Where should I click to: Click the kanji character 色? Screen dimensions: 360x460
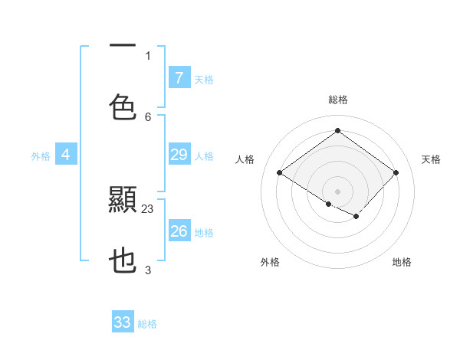(x=123, y=106)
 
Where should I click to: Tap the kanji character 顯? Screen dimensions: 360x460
(x=123, y=200)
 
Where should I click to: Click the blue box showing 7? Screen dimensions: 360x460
(x=179, y=77)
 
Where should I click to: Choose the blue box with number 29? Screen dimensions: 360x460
(x=179, y=155)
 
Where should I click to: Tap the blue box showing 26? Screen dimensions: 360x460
(x=179, y=231)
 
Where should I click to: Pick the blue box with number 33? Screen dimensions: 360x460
(x=123, y=322)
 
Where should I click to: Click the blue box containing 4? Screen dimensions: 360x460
(x=66, y=155)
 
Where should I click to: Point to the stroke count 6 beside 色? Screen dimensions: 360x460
(x=148, y=116)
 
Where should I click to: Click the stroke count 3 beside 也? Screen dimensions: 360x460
(x=148, y=270)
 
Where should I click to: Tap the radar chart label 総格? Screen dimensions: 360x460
(x=337, y=100)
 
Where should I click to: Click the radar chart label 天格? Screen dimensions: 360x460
(x=431, y=159)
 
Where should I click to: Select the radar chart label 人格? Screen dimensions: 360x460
(x=245, y=159)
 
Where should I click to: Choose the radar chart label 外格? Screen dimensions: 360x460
(x=270, y=262)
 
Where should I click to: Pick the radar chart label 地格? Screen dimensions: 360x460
(x=402, y=262)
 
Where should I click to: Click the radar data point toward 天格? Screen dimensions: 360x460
(x=396, y=172)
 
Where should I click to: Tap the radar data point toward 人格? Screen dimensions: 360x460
(x=280, y=173)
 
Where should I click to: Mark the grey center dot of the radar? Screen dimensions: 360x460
(x=337, y=191)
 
